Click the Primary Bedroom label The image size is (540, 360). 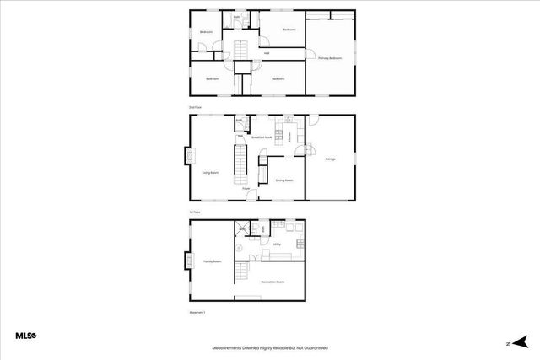[x=330, y=58]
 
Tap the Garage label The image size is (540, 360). [x=331, y=159]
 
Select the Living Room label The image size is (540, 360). [x=210, y=173]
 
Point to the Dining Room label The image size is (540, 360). [x=283, y=180]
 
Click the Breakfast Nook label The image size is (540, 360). [x=262, y=137]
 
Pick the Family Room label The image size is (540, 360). [x=212, y=262]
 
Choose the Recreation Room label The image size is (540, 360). [x=272, y=282]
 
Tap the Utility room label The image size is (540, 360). [x=277, y=244]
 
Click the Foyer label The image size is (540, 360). [x=247, y=189]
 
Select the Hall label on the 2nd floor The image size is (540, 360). [x=267, y=53]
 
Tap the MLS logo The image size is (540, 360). [x=26, y=336]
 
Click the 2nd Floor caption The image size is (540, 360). [x=195, y=108]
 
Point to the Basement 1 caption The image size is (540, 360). [x=197, y=312]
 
